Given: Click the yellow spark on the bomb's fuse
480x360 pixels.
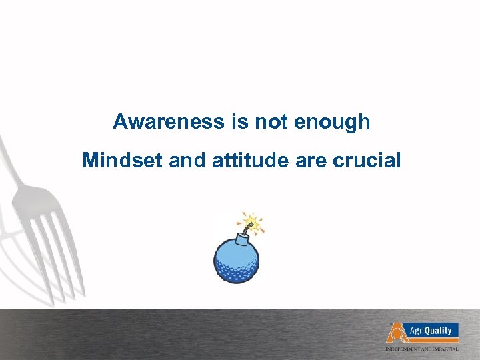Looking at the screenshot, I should coord(252,221).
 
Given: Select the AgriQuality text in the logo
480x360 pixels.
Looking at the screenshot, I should coord(431,330).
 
